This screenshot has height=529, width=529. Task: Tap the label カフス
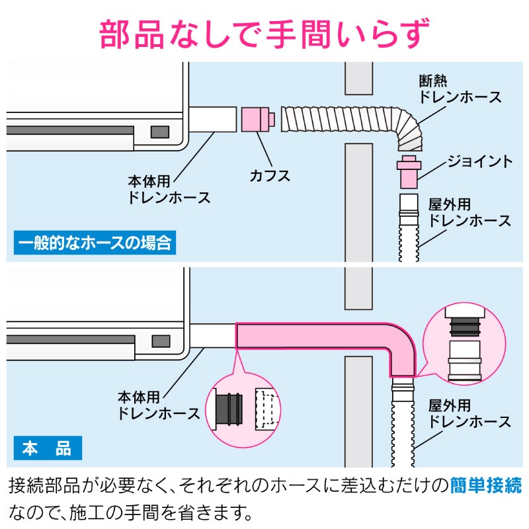click(x=270, y=176)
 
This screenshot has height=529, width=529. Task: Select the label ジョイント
click(x=480, y=161)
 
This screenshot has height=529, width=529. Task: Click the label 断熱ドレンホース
click(x=460, y=89)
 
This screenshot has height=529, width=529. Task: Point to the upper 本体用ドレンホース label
click(x=169, y=188)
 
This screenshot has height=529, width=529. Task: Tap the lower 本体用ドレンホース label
click(x=159, y=405)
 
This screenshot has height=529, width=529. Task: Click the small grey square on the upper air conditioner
click(x=159, y=131)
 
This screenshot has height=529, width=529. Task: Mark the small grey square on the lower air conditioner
click(x=159, y=341)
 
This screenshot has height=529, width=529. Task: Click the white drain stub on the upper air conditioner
click(x=212, y=120)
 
